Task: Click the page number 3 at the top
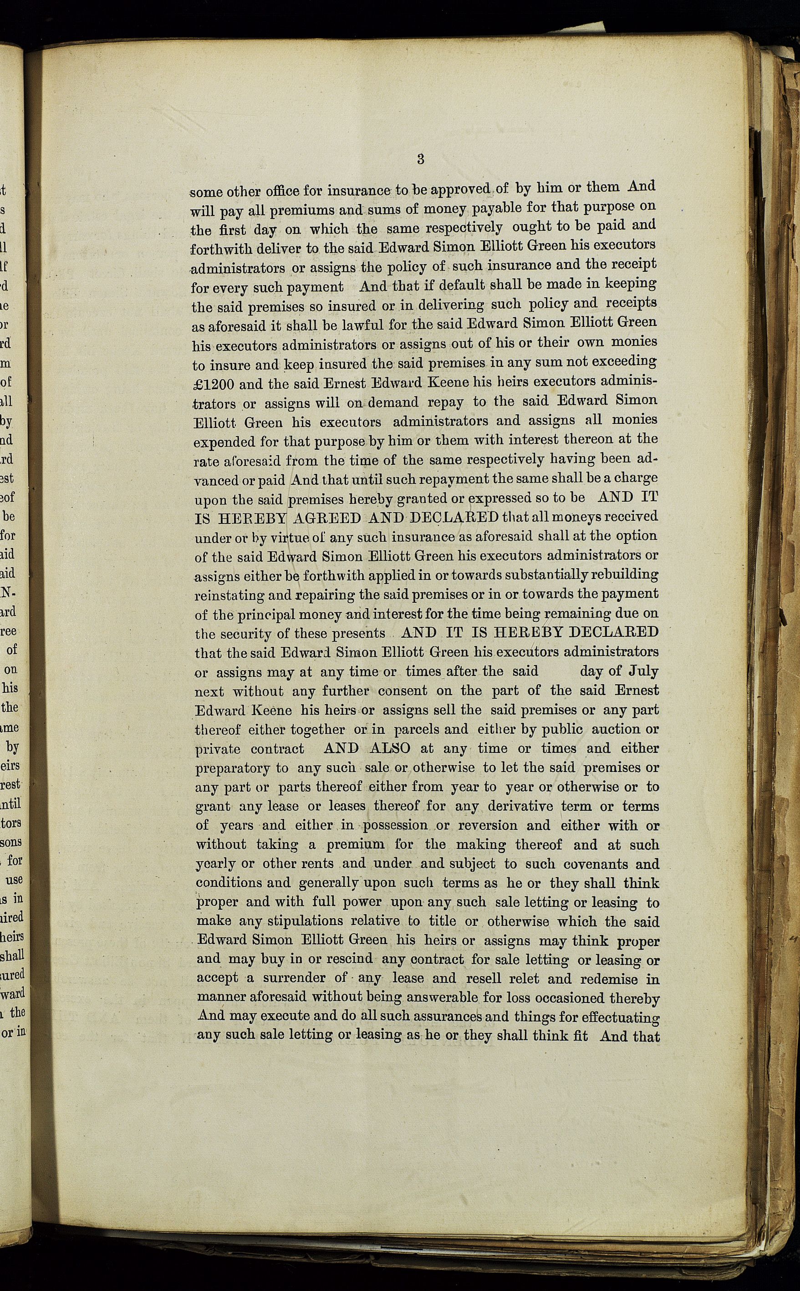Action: (x=421, y=159)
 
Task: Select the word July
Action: (x=643, y=672)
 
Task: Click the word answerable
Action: (x=427, y=998)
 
